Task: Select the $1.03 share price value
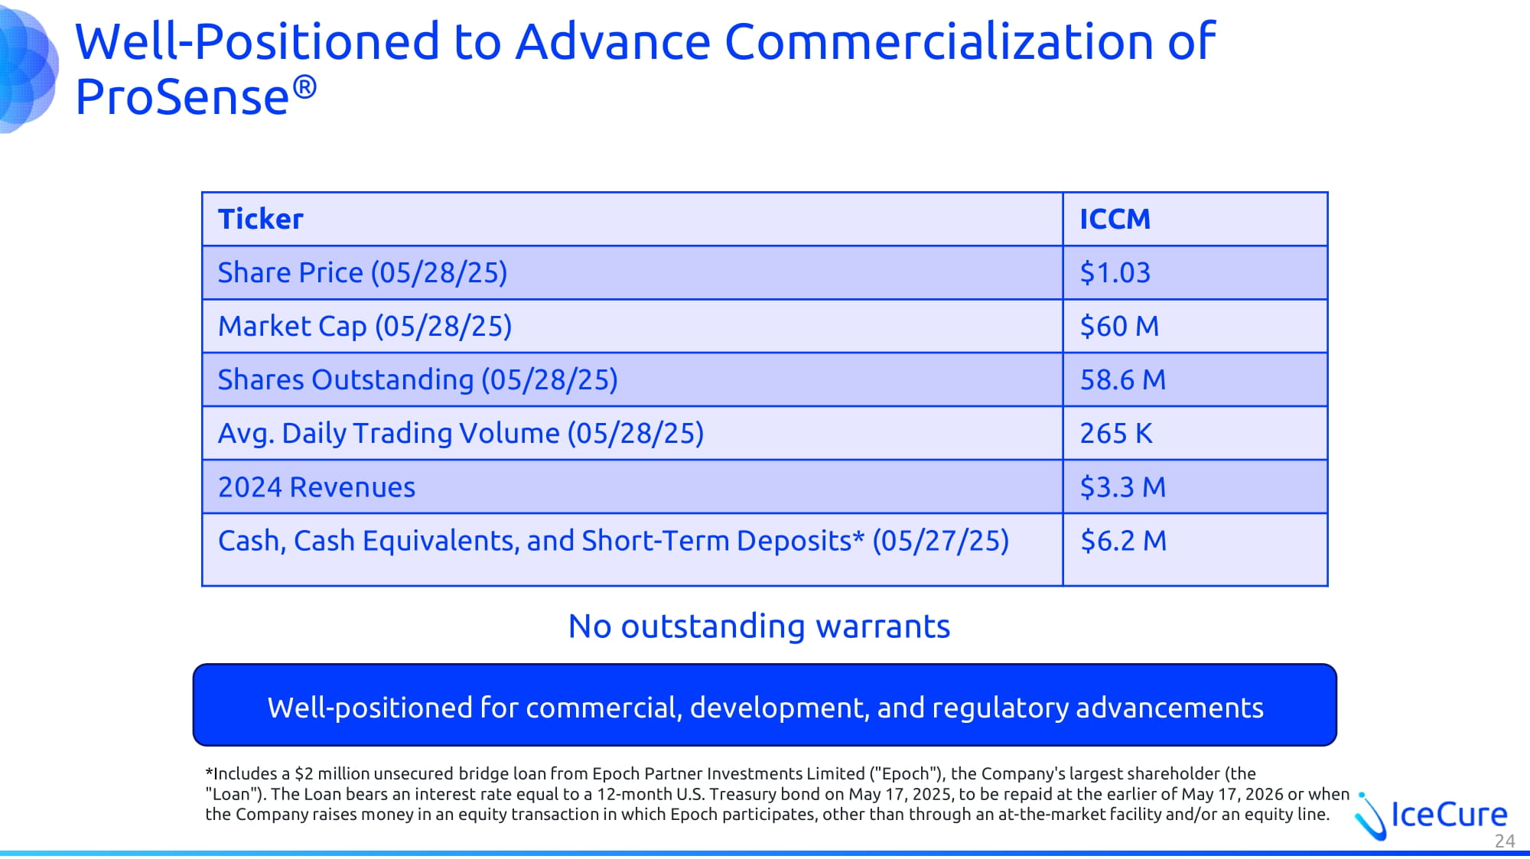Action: pos(1115,273)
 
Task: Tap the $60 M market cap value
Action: pos(1119,327)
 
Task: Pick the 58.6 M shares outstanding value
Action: pos(1122,380)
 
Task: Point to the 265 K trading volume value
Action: pos(1115,434)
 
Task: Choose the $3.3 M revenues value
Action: pos(1122,487)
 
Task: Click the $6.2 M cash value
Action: pos(1123,541)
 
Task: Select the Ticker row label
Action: pos(260,220)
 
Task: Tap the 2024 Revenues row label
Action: pos(317,487)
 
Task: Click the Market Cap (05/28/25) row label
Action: pos(365,327)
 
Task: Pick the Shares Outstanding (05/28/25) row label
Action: pos(418,380)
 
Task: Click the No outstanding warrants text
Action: pos(759,626)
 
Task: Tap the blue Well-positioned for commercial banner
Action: pos(765,705)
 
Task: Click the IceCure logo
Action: pos(1431,815)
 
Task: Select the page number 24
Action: pos(1505,841)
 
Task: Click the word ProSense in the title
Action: pos(181,98)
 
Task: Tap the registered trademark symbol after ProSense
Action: pos(304,86)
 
